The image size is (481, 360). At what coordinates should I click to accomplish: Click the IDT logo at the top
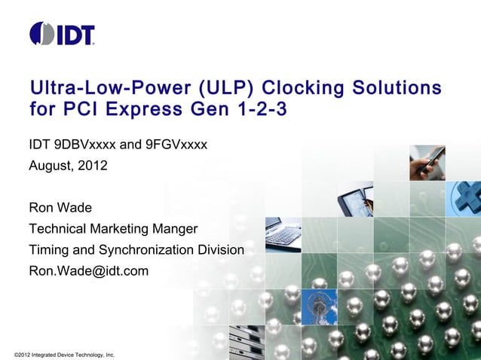pos(62,34)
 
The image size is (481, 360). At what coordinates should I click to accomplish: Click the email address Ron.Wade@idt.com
pos(88,270)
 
